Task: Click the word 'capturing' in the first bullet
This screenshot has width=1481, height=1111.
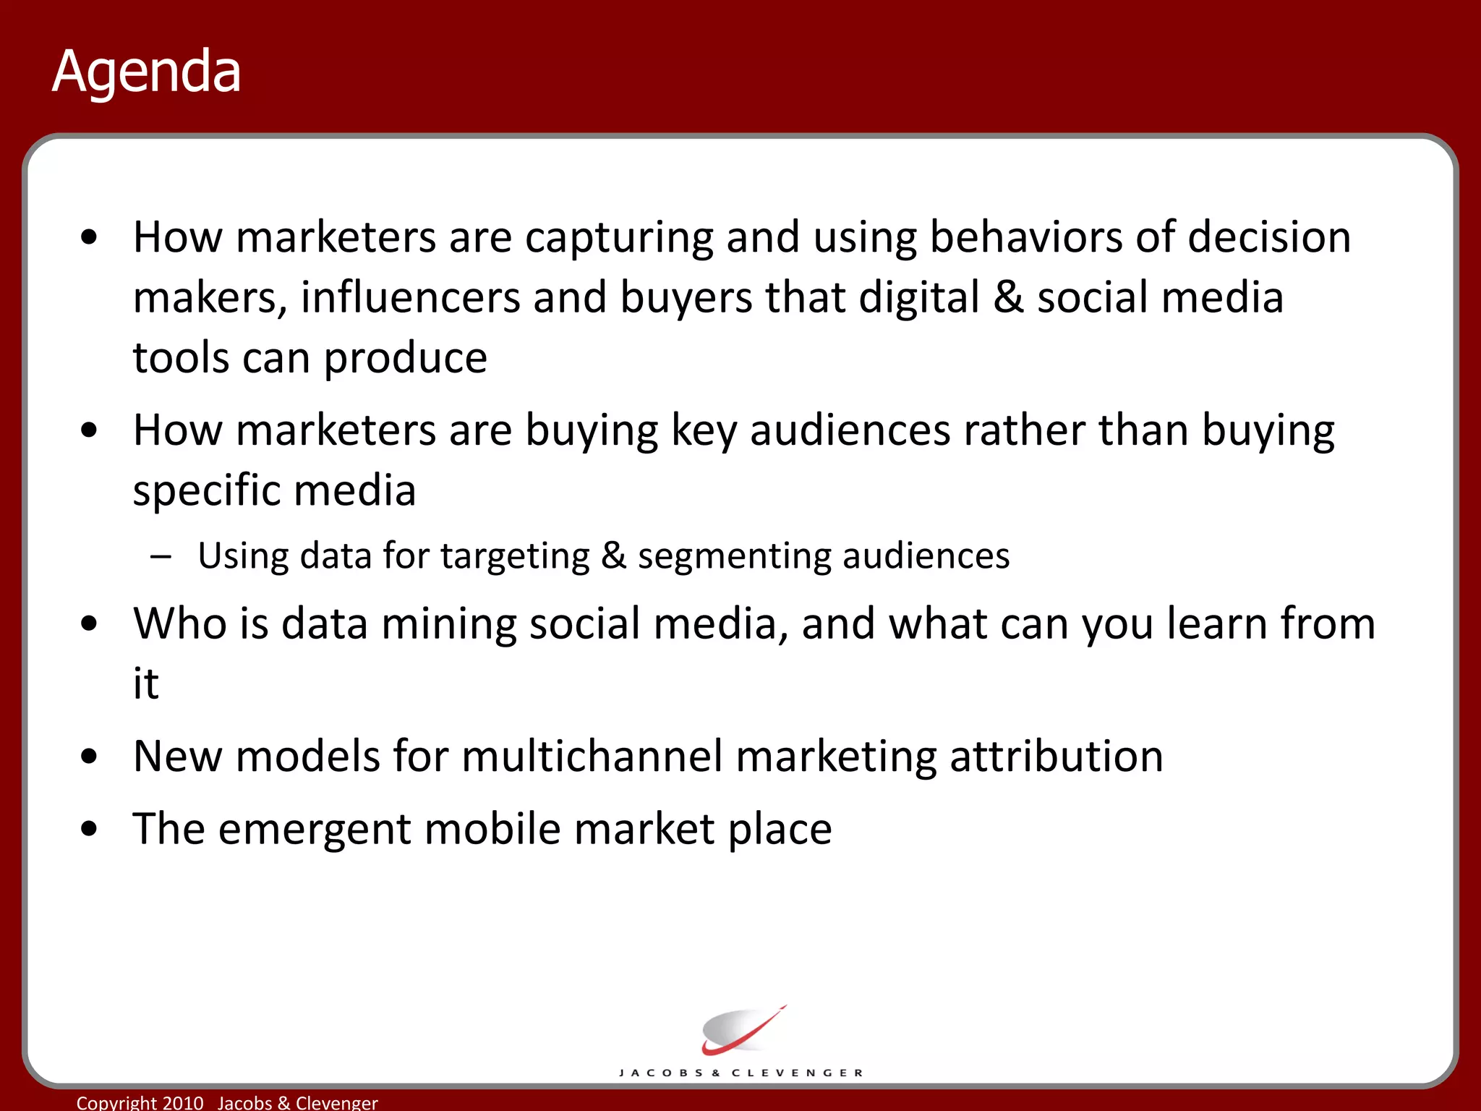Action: pyautogui.click(x=619, y=238)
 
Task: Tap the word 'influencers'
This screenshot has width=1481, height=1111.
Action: pyautogui.click(x=410, y=298)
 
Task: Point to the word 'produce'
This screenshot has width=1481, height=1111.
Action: pyautogui.click(x=405, y=359)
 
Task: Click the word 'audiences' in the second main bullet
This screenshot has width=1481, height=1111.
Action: pyautogui.click(x=850, y=431)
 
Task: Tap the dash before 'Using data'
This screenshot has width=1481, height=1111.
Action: pyautogui.click(x=161, y=557)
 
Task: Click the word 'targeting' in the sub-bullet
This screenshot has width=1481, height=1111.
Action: pyautogui.click(x=515, y=557)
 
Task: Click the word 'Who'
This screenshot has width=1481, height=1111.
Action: pyautogui.click(x=180, y=623)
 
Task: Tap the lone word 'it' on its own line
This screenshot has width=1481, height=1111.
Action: pyautogui.click(x=145, y=684)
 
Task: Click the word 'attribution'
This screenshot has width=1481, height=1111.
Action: pyautogui.click(x=1056, y=757)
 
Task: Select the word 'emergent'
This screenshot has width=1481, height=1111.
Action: pyautogui.click(x=315, y=829)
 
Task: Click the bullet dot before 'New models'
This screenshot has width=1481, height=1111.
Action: pyautogui.click(x=89, y=757)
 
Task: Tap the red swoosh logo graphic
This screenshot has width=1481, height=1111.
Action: pyautogui.click(x=740, y=1031)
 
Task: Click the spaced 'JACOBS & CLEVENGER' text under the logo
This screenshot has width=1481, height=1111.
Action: pyautogui.click(x=740, y=1073)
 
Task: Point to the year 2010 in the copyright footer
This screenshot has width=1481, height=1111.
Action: pyautogui.click(x=183, y=1102)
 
